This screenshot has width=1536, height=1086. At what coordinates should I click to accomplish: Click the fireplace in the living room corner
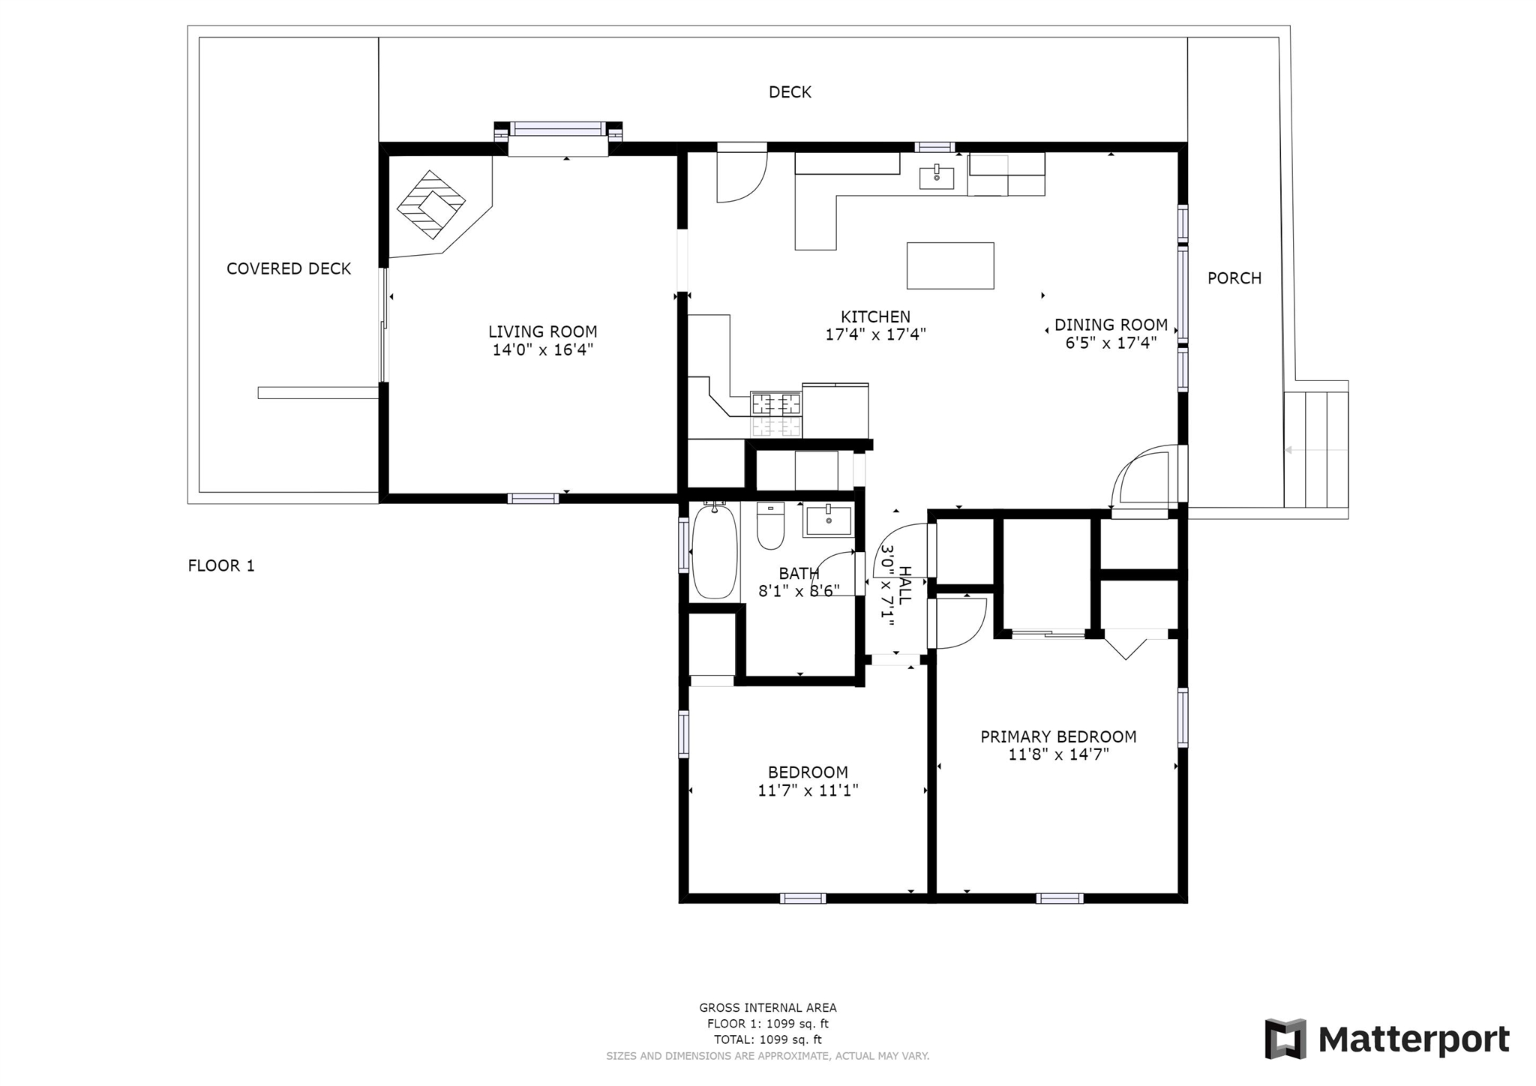pyautogui.click(x=431, y=204)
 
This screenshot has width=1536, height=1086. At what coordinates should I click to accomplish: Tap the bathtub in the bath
pyautogui.click(x=715, y=551)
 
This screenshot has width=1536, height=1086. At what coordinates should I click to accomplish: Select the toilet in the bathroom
pyautogui.click(x=770, y=526)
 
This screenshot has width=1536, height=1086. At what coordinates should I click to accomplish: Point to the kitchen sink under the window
pyautogui.click(x=937, y=177)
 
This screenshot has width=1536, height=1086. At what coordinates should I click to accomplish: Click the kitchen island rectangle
pyautogui.click(x=950, y=265)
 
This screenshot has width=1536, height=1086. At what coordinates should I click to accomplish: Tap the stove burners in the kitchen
pyautogui.click(x=776, y=415)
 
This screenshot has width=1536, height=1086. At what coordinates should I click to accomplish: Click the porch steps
pyautogui.click(x=1316, y=449)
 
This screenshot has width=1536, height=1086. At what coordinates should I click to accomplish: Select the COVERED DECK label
pyautogui.click(x=289, y=268)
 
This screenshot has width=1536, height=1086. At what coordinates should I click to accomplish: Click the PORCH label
pyautogui.click(x=1234, y=278)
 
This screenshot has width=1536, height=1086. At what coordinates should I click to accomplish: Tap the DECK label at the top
pyautogui.click(x=790, y=92)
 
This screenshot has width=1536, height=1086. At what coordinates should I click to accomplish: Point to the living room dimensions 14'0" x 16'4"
pyautogui.click(x=543, y=349)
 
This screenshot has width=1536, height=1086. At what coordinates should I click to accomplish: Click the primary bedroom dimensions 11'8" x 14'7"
pyautogui.click(x=1058, y=754)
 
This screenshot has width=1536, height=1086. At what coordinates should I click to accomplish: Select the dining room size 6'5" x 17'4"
pyautogui.click(x=1111, y=343)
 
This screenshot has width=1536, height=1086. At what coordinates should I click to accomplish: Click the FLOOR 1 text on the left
pyautogui.click(x=221, y=565)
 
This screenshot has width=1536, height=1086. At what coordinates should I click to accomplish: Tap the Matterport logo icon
pyautogui.click(x=1285, y=1039)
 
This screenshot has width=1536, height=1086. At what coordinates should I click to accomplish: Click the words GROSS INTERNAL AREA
pyautogui.click(x=768, y=1008)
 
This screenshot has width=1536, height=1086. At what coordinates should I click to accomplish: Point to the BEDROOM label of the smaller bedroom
pyautogui.click(x=808, y=772)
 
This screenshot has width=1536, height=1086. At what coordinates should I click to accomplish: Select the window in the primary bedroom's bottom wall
pyautogui.click(x=1060, y=898)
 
